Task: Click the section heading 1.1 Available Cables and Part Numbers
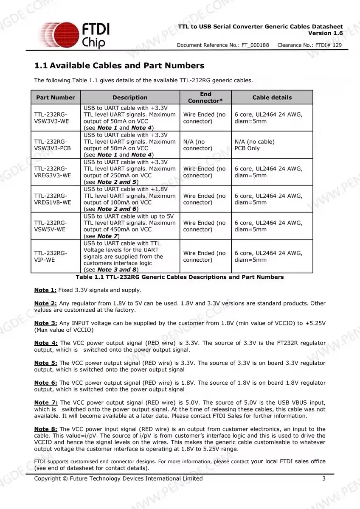[119, 66]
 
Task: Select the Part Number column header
[55, 98]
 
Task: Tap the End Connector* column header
[205, 98]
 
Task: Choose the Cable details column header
[272, 98]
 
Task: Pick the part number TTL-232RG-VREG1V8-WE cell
[53, 199]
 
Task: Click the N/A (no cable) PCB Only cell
[255, 145]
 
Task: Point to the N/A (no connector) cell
[198, 145]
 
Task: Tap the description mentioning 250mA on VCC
[129, 172]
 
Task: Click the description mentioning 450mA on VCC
[129, 226]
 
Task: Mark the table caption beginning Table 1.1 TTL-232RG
[180, 277]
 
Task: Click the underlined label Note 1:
[45, 290]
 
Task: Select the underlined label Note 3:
[45, 323]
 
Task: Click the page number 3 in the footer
[324, 478]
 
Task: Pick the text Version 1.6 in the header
[326, 33]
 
